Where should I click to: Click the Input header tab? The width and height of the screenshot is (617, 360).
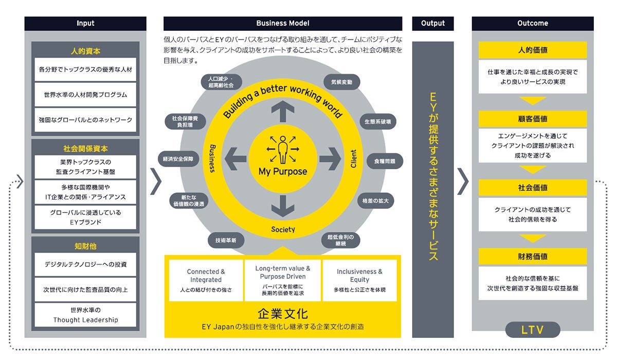(85, 23)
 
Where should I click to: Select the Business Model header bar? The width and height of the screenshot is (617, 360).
(283, 23)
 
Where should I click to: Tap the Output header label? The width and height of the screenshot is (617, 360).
(432, 23)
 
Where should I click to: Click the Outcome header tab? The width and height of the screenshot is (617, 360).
(533, 23)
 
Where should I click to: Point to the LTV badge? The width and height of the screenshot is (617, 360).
(532, 330)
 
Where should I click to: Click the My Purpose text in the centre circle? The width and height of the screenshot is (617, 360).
(283, 172)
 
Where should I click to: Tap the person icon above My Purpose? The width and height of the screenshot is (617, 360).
(283, 149)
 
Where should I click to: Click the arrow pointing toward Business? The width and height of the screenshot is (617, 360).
(235, 157)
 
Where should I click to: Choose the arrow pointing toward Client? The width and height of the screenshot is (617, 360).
(330, 157)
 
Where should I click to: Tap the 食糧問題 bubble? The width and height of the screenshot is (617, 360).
(385, 161)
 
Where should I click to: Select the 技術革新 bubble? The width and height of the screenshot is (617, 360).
(226, 240)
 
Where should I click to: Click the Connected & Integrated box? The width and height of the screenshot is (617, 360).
(206, 280)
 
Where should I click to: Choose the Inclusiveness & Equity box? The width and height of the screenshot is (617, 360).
(359, 280)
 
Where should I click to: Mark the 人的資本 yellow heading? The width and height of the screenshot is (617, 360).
(85, 51)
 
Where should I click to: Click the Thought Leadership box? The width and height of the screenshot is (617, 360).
(85, 315)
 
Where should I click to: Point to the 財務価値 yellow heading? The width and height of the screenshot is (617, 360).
(532, 256)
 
